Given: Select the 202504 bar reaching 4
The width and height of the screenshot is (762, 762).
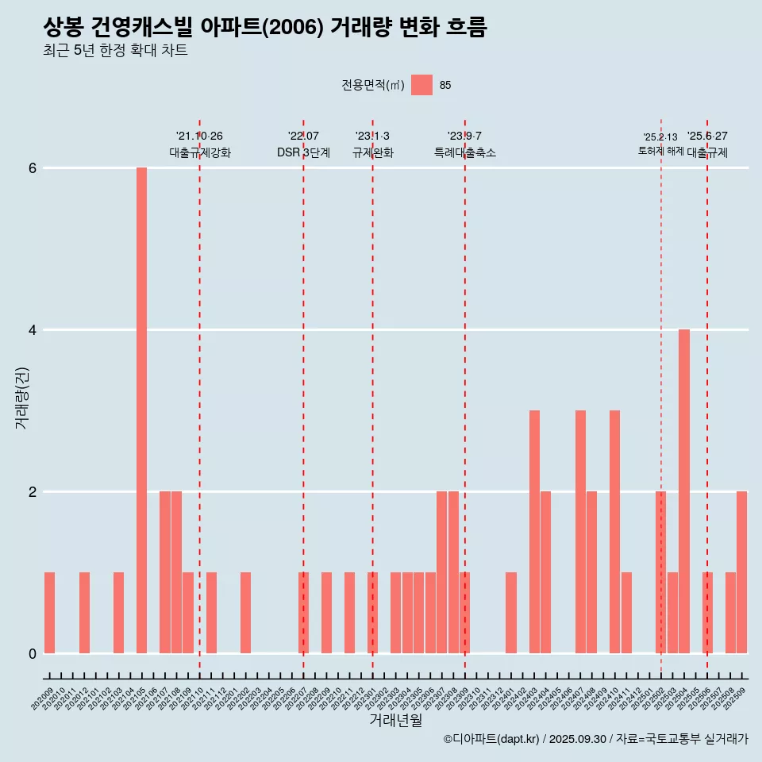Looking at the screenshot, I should coord(684,491).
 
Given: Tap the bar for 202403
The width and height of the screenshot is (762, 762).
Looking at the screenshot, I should coord(534,532).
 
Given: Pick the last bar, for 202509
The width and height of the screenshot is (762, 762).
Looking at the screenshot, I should coord(741,572).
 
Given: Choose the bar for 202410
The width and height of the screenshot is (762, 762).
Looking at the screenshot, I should coord(614,532).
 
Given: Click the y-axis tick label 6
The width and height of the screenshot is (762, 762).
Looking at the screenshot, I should coord(33,168).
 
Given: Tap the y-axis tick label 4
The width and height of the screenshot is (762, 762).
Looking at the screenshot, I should coord(33,330).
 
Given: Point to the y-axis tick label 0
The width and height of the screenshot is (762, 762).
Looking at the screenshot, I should coord(33,654).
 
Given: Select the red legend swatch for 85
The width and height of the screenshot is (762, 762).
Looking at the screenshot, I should coord(421,85).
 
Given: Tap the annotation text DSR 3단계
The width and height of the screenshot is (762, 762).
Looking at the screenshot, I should coord(303,153).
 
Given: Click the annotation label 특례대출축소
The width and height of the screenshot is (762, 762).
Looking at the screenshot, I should coord(465,153).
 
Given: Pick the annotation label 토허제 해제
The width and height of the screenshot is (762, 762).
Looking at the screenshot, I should coord(660,151).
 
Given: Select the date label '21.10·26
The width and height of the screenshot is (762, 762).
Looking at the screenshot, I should coord(199,137).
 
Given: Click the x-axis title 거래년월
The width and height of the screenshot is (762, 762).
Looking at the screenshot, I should coord(396,721).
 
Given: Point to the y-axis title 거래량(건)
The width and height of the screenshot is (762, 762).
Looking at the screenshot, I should coord(21,397).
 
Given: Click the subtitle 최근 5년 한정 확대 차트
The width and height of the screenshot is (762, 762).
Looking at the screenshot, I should coord(116,51).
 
